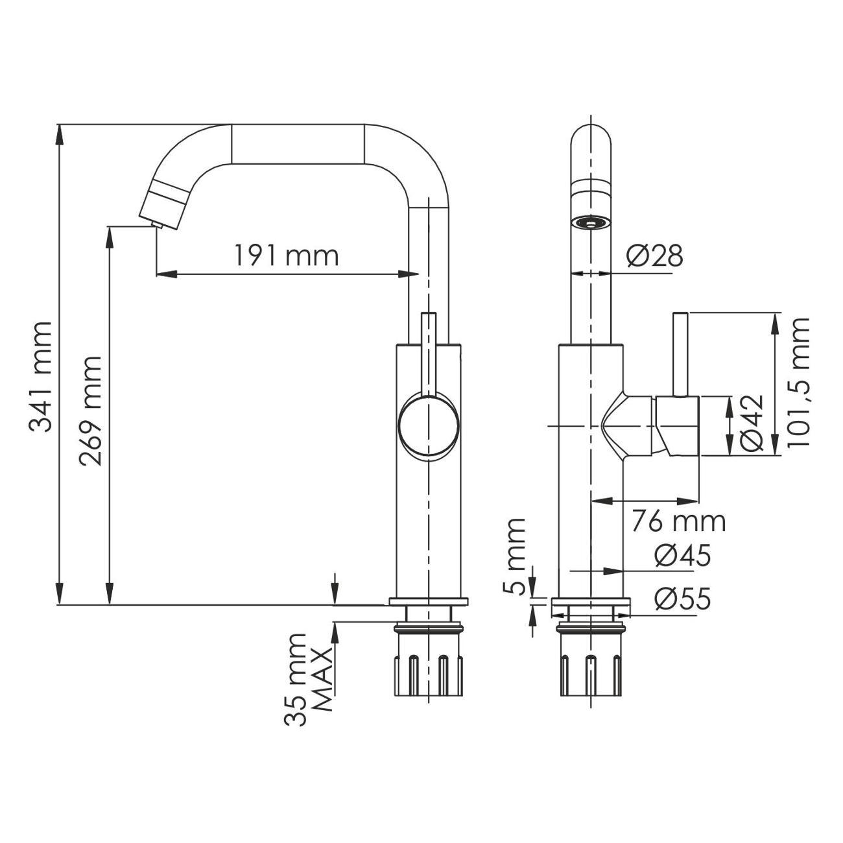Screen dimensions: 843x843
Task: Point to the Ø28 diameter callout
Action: tap(654, 257)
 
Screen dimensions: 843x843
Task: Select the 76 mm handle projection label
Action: tap(678, 521)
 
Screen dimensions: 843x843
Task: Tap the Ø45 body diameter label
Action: tap(682, 556)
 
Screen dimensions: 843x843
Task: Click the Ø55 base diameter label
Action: tap(682, 599)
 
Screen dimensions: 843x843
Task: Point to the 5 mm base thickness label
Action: tap(516, 556)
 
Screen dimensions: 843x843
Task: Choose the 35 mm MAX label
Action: tap(309, 679)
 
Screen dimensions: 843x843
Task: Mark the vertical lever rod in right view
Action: tap(680, 353)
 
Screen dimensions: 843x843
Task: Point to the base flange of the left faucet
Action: tap(428, 601)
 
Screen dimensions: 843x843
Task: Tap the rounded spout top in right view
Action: tap(591, 139)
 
